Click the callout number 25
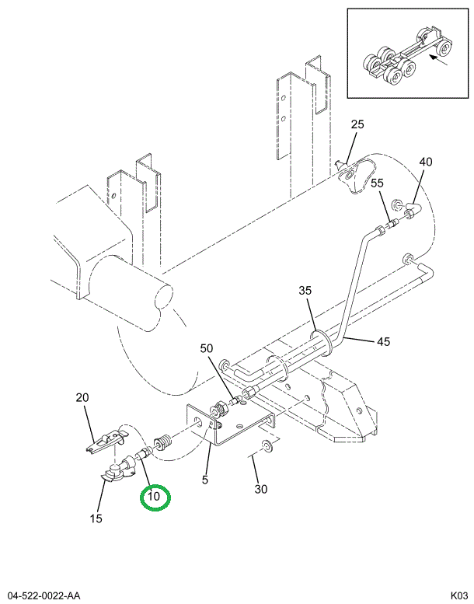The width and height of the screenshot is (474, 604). tap(357, 124)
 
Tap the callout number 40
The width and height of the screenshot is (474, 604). tap(425, 162)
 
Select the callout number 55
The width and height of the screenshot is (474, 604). tap(376, 183)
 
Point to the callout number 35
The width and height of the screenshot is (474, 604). tap(305, 291)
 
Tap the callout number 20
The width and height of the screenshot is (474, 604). tap(82, 397)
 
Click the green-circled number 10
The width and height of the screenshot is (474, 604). tap(154, 497)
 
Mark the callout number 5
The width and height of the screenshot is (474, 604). tap(205, 480)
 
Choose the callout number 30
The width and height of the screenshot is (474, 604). tap(261, 489)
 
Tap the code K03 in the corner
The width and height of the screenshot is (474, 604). tap(454, 595)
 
